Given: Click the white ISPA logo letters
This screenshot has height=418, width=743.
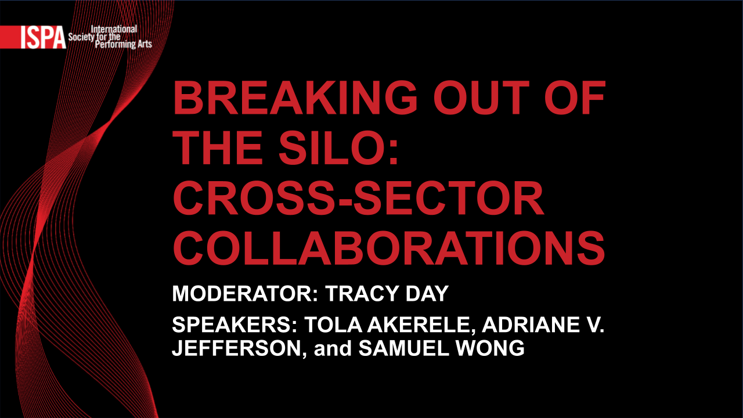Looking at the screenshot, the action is click(x=43, y=38).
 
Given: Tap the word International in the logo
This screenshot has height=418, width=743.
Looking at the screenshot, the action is click(x=114, y=29).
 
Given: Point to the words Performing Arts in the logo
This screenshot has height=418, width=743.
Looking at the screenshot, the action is click(x=124, y=44).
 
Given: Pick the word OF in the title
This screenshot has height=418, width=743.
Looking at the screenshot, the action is click(x=575, y=98).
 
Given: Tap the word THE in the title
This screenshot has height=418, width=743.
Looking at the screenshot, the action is click(x=218, y=147).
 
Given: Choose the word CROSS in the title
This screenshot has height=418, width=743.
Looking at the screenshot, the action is click(x=254, y=198).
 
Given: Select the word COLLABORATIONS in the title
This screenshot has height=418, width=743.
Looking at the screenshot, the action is click(x=389, y=248).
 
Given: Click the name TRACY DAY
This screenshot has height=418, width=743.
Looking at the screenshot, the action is click(x=387, y=294).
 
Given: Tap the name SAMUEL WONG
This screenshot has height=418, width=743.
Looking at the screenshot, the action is click(x=442, y=348).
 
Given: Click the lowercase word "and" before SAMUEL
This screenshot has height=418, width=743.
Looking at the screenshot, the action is click(x=333, y=348).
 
